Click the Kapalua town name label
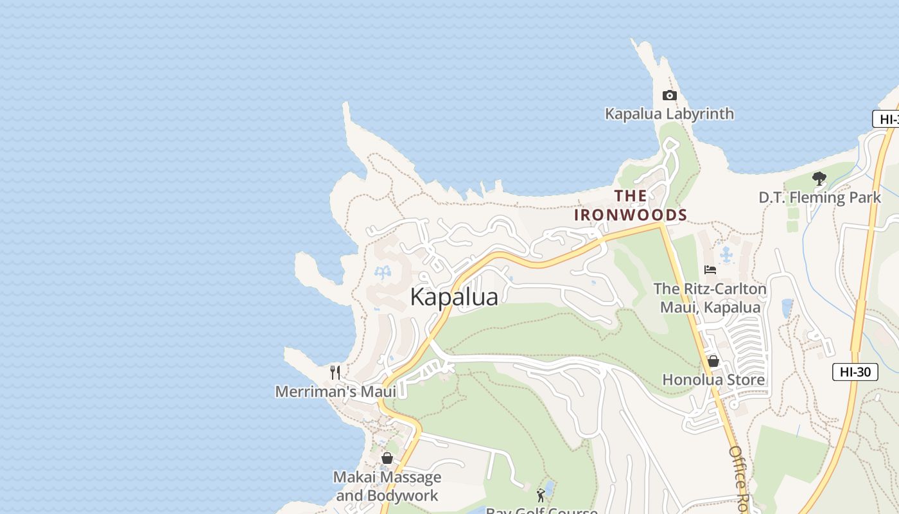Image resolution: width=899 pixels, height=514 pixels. coord(454,297)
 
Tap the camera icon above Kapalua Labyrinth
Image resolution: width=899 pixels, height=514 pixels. coord(669,95)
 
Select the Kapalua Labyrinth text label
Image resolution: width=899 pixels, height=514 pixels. coord(669,114)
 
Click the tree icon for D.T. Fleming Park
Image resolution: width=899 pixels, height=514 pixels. coord(819,179)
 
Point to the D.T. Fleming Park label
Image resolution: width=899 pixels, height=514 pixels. coord(819,197)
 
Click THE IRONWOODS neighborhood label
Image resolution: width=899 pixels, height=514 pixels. coord(630,205)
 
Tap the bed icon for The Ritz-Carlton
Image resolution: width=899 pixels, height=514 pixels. coord(710,270)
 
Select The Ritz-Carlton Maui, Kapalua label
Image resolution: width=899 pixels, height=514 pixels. coord(710,298)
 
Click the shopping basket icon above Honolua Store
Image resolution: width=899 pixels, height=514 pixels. coord(713,361)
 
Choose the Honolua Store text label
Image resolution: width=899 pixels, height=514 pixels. coord(713,380)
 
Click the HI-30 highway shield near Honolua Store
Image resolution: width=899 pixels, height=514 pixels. coord(855,371)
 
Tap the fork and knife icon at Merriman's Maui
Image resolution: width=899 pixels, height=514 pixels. coord(335,372)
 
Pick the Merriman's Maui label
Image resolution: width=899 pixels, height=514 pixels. coord(335,391)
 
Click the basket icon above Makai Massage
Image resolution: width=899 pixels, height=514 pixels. coord(387,458)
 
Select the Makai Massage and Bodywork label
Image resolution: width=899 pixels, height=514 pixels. coord(387,486)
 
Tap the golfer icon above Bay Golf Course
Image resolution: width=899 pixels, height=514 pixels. coord(541,495)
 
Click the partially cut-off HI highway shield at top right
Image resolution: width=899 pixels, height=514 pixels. coord(886,119)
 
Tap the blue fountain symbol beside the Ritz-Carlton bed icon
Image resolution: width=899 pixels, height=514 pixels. coord(726,255)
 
